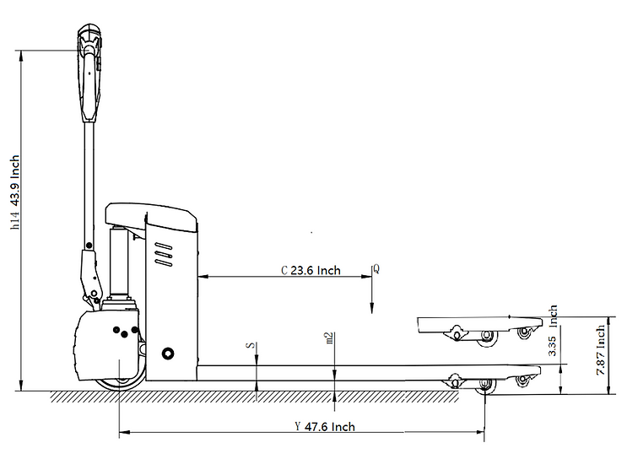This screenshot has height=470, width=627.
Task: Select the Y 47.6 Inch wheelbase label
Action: pyautogui.click(x=324, y=426)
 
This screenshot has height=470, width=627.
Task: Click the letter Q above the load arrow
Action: pyautogui.click(x=376, y=269)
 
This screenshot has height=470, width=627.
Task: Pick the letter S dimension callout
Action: pyautogui.click(x=249, y=346)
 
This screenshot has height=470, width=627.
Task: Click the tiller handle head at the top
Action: pyautogui.click(x=89, y=42)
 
